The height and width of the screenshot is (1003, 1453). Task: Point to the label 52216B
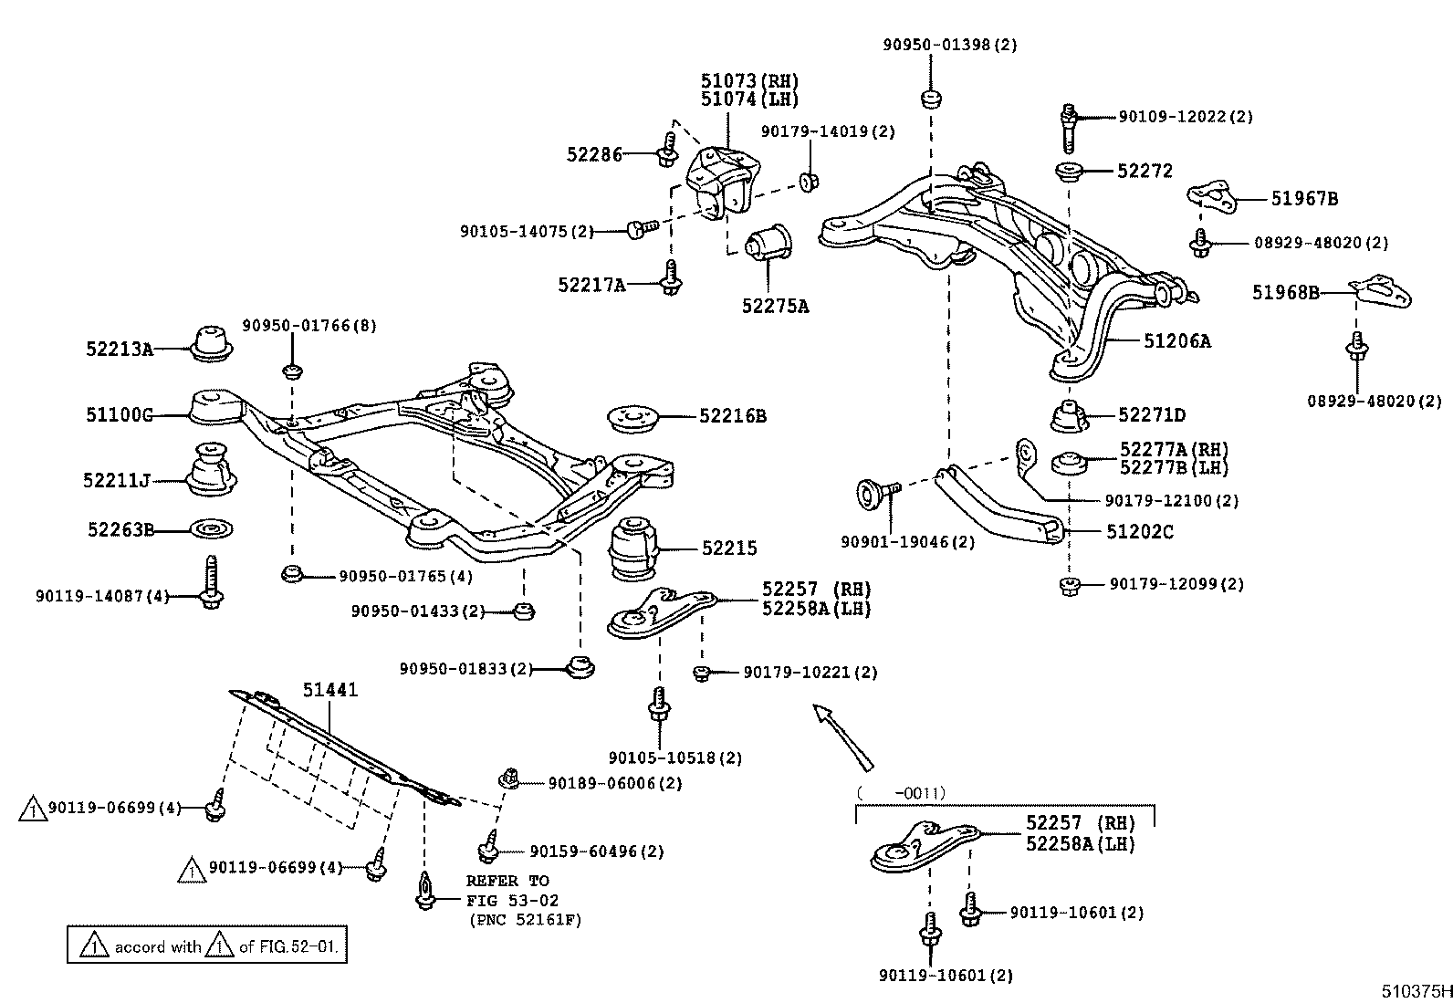click(x=733, y=416)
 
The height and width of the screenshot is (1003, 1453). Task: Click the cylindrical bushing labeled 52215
click(x=632, y=549)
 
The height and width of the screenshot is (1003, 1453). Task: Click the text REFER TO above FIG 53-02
click(x=507, y=881)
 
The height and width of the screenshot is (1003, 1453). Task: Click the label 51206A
click(x=1177, y=341)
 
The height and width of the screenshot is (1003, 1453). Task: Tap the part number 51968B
click(x=1285, y=292)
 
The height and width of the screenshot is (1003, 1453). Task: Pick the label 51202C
click(x=1140, y=531)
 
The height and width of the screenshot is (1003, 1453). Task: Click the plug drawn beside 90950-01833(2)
click(x=579, y=666)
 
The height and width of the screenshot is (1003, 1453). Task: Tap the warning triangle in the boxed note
click(x=94, y=946)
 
